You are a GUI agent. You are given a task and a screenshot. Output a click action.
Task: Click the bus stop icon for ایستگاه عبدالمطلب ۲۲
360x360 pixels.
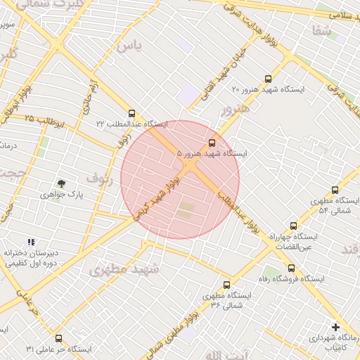click(x=131, y=113)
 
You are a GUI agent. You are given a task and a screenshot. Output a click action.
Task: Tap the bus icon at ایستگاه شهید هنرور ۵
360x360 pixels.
click(x=213, y=142)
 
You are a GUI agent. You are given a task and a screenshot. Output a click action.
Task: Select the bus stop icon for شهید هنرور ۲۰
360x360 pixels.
click(x=267, y=79)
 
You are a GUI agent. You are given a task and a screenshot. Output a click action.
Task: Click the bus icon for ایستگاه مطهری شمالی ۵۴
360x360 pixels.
click(x=334, y=190)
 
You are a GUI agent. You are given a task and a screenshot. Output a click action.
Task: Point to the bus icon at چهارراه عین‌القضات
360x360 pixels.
click(x=294, y=226)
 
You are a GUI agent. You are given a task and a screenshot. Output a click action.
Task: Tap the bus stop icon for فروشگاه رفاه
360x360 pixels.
click(x=291, y=268)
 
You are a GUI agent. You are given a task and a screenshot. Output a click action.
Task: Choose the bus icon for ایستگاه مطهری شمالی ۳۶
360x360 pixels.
click(x=226, y=285)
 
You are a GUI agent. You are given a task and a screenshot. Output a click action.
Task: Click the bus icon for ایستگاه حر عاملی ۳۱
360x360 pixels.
click(x=58, y=338)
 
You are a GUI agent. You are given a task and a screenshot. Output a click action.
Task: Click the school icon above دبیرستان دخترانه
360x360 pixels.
click(x=30, y=242)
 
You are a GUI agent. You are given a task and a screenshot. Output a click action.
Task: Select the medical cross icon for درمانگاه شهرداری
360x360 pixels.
click(x=335, y=327)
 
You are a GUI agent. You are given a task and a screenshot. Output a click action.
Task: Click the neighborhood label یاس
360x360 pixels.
click(x=129, y=46)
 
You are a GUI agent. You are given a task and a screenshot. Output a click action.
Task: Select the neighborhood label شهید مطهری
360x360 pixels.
click(x=124, y=269)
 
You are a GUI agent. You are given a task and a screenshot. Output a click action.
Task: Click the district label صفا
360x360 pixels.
click(x=321, y=30)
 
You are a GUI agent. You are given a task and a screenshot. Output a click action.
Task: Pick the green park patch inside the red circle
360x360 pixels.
click(x=186, y=210)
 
